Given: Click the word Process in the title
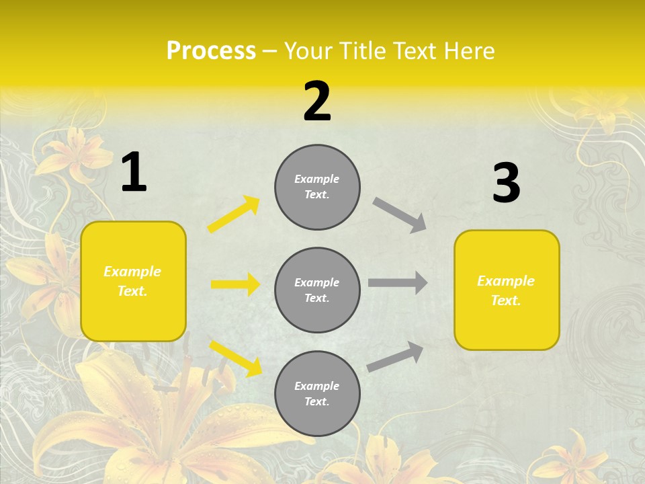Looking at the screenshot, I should pos(211,50).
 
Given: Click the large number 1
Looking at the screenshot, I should pos(134,173).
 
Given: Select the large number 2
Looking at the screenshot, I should pos(317,102).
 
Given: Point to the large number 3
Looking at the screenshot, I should pos(506,184).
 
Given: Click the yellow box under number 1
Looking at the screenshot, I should pos(133,281).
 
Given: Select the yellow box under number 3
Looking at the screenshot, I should pos(507,290).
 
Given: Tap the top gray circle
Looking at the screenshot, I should pos(317,187).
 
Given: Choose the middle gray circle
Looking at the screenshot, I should pos(317,290).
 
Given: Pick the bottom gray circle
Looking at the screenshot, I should pos(317,394).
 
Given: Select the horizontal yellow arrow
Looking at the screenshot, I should pos(235,284).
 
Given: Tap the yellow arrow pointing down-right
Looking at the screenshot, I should pos(235,358).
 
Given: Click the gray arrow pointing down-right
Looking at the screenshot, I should pos(400,215).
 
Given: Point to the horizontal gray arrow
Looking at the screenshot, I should pos(398,283).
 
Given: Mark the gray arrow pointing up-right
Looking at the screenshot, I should pos(396,356).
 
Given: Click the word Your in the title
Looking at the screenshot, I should pos(309,50).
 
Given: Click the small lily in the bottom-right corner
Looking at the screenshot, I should pos(571,457).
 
